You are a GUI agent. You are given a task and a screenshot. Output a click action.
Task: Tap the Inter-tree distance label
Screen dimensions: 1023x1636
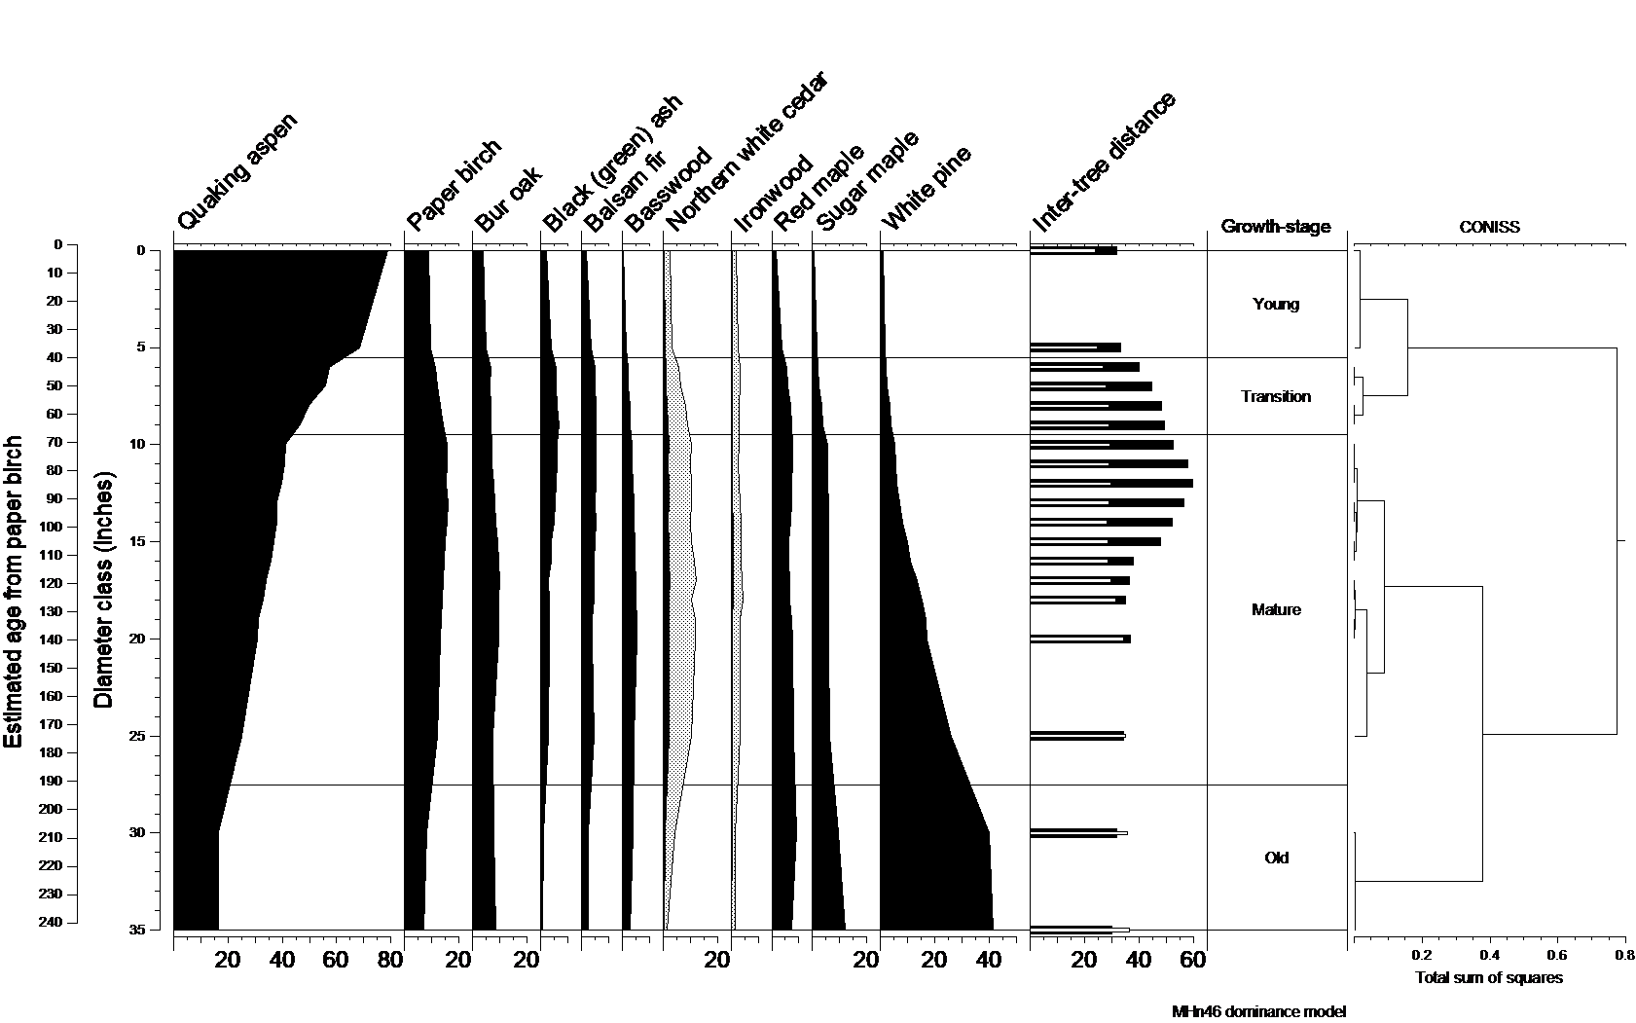[x=1105, y=163]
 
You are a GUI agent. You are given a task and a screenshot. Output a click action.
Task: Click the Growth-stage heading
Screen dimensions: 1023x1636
[x=1275, y=227]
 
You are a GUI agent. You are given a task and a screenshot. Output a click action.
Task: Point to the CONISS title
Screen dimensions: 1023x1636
[x=1489, y=227]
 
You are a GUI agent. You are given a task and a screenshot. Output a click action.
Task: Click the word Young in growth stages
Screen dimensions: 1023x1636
[x=1276, y=304]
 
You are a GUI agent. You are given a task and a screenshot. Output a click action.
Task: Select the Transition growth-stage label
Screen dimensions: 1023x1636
[x=1276, y=396]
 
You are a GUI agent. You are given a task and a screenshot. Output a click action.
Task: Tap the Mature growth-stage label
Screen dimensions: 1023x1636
[x=1276, y=609]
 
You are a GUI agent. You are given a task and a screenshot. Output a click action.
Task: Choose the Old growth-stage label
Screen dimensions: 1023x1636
[x=1276, y=858]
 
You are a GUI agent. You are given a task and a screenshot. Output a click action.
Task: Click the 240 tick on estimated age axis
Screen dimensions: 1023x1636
[x=51, y=922]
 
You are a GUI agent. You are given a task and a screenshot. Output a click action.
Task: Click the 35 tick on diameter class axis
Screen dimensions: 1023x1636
[x=135, y=930]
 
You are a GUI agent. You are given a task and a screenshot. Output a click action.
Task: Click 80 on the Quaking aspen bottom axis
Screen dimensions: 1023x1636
[x=389, y=962]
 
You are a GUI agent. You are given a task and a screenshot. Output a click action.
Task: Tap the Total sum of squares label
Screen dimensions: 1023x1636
[x=1488, y=977]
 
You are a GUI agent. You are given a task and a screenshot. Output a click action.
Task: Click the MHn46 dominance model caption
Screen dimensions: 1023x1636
[x=1258, y=1011]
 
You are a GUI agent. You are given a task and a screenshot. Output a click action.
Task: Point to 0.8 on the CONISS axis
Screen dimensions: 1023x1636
[x=1624, y=956]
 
